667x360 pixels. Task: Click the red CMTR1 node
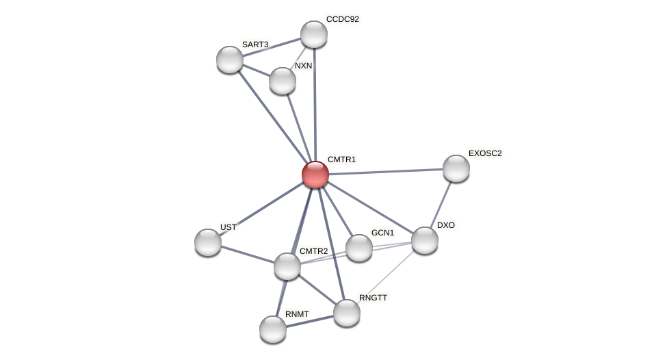pyautogui.click(x=315, y=175)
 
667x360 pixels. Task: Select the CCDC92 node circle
pyautogui.click(x=314, y=34)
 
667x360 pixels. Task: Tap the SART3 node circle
pyautogui.click(x=230, y=60)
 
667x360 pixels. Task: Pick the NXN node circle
pyautogui.click(x=283, y=81)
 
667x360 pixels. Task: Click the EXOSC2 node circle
pyautogui.click(x=456, y=168)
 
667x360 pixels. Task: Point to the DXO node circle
pyautogui.click(x=425, y=240)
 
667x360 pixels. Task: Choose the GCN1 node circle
pyautogui.click(x=359, y=248)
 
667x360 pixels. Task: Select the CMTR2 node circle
pyautogui.click(x=287, y=266)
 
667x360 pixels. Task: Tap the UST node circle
pyautogui.click(x=208, y=242)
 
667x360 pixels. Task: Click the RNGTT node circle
pyautogui.click(x=347, y=313)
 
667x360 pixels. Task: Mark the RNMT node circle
pyautogui.click(x=273, y=329)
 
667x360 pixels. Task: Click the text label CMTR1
pyautogui.click(x=341, y=159)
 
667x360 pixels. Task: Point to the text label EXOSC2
pyautogui.click(x=485, y=153)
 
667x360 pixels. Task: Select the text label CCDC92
pyautogui.click(x=342, y=19)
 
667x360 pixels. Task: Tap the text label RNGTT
pyautogui.click(x=373, y=298)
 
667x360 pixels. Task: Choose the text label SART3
pyautogui.click(x=255, y=44)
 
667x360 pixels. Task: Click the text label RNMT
pyautogui.click(x=297, y=314)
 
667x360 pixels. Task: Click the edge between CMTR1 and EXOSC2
pyautogui.click(x=386, y=172)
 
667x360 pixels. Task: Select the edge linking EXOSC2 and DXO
pyautogui.click(x=441, y=204)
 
